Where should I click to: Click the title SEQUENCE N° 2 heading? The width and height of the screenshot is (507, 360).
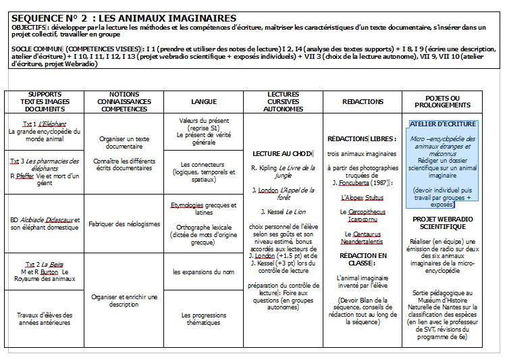[x=124, y=18]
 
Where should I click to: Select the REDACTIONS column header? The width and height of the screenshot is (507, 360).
[x=363, y=101]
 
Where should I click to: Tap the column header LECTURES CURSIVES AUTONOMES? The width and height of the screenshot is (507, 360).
[x=283, y=101]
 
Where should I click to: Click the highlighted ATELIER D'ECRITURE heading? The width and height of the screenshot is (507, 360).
[x=443, y=124]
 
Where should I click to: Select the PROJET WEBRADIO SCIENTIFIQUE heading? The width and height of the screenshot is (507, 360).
[x=443, y=224]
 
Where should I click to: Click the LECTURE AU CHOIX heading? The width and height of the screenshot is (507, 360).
[x=282, y=153]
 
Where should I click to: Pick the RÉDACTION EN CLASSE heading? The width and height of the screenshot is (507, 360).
[x=363, y=260]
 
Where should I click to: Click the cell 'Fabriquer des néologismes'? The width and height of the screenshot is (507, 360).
[x=124, y=224]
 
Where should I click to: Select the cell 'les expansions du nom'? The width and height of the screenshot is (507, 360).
[x=203, y=272]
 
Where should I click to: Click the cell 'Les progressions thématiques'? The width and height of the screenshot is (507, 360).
[x=203, y=319]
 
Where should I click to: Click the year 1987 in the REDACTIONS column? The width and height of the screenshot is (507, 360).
[x=379, y=182]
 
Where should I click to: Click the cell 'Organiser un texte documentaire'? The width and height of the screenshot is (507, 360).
[x=124, y=142]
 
